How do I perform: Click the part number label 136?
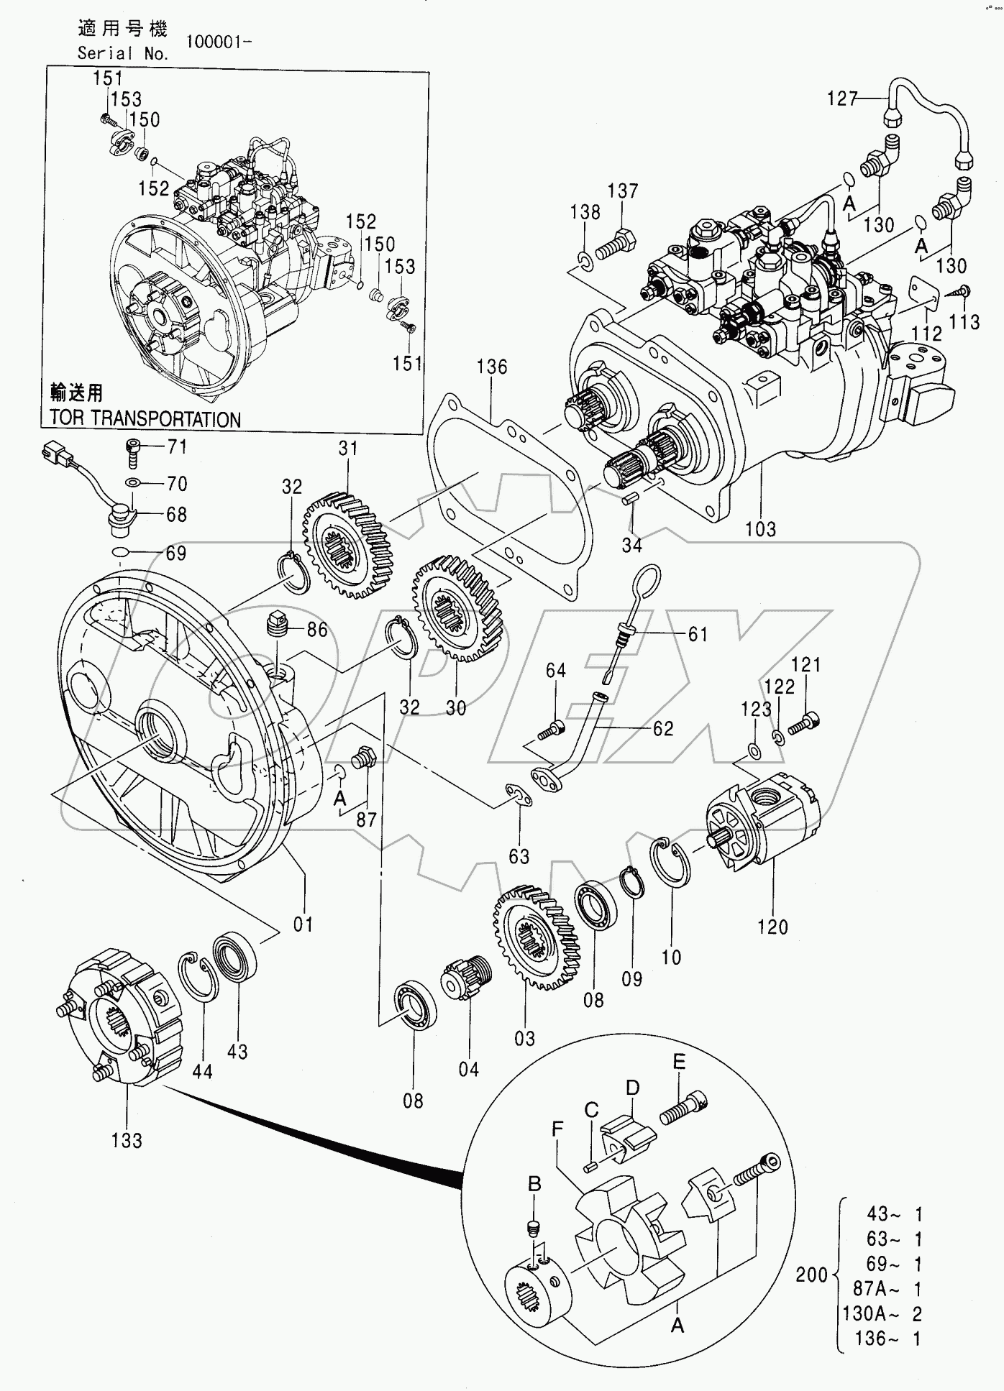pyautogui.click(x=492, y=367)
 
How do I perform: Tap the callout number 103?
pyautogui.click(x=760, y=529)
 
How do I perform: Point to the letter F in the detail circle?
pyautogui.click(x=557, y=1129)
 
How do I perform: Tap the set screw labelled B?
pyautogui.click(x=534, y=1229)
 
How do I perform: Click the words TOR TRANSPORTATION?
pyautogui.click(x=145, y=419)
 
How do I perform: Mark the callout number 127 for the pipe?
pyautogui.click(x=842, y=98)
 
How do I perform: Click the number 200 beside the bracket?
pyautogui.click(x=811, y=1275)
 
